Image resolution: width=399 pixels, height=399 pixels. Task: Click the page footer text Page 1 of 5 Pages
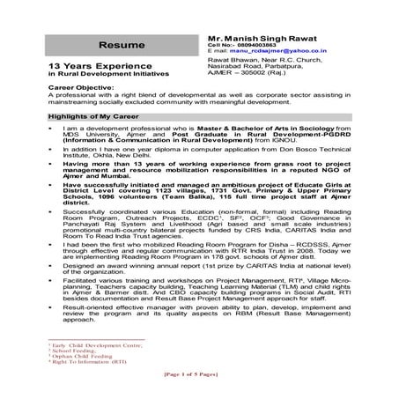pyautogui.click(x=199, y=376)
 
